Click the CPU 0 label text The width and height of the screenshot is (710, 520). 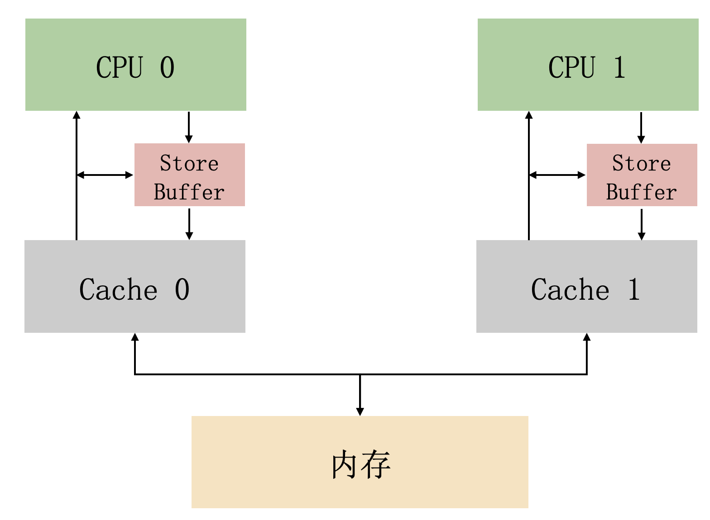tap(135, 67)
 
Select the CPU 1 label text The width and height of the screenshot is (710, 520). tap(587, 67)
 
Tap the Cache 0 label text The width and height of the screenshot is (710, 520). tap(134, 289)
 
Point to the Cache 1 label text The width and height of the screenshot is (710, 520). tap(585, 289)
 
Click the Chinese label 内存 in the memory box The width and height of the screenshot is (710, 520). tap(361, 464)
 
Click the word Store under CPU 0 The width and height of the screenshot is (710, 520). tap(189, 163)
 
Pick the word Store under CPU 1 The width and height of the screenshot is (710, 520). tap(642, 163)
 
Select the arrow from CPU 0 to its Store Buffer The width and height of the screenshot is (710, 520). tap(189, 127)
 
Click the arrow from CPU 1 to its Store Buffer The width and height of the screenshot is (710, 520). tap(641, 128)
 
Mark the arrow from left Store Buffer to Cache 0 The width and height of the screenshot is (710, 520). tap(189, 224)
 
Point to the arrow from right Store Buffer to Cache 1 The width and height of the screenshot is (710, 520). tap(642, 224)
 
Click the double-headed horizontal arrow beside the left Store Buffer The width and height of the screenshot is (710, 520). tap(105, 175)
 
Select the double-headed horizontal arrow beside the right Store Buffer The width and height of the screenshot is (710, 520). tap(557, 175)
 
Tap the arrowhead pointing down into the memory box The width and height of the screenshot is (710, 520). tap(360, 412)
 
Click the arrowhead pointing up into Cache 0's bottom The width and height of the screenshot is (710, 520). tap(135, 337)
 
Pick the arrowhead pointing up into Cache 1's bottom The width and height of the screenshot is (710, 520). tap(587, 337)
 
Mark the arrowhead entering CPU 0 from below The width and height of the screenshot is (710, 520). tap(77, 115)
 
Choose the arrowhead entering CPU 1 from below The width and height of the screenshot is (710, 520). tap(529, 115)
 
